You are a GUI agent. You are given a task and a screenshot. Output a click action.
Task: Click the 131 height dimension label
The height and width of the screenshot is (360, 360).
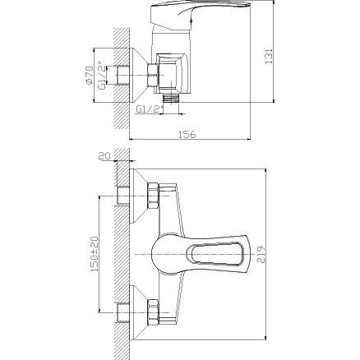click(269, 57)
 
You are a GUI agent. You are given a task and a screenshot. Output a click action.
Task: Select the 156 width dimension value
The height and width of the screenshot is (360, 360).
click(187, 135)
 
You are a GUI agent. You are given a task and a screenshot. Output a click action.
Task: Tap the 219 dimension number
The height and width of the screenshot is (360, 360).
click(262, 255)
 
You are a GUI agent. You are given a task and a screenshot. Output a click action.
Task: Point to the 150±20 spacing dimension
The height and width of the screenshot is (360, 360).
click(95, 254)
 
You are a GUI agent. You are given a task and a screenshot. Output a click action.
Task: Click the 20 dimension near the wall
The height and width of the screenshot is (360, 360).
click(104, 156)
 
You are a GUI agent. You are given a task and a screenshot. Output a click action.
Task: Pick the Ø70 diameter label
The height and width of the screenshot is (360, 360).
click(89, 76)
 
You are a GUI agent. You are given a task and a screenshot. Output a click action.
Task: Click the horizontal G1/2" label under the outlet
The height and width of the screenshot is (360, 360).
click(150, 109)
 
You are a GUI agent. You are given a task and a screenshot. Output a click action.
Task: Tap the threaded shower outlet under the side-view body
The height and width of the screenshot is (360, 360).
click(171, 99)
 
